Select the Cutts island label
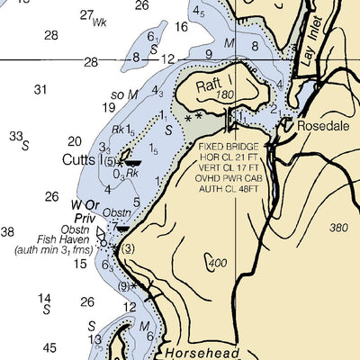pyautogui.click(x=78, y=161)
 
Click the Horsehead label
pyautogui.click(x=203, y=353)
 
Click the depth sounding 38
pyautogui.click(x=7, y=232)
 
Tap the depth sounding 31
pyautogui.click(x=40, y=89)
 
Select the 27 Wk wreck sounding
pyautogui.click(x=92, y=16)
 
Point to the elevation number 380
pyautogui.click(x=338, y=228)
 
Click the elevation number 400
pyautogui.click(x=217, y=264)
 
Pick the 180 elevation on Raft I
pyautogui.click(x=225, y=94)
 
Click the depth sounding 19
pyautogui.click(x=109, y=107)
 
